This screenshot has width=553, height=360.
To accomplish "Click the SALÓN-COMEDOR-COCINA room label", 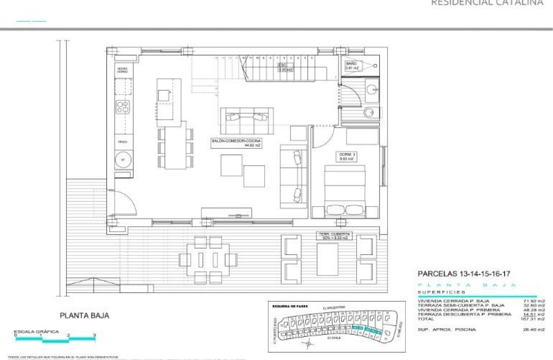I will (236, 143).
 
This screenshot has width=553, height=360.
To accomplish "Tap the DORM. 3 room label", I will (345, 156).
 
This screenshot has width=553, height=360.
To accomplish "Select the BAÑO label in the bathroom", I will (352, 65).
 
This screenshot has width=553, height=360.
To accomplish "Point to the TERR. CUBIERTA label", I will (334, 235).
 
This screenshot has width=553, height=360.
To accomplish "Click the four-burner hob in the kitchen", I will (123, 107).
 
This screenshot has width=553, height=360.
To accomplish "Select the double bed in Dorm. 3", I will (345, 191).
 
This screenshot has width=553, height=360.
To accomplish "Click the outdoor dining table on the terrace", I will (208, 260).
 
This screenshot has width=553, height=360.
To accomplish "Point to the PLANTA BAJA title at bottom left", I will (84, 316).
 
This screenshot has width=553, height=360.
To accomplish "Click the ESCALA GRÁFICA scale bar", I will (56, 339).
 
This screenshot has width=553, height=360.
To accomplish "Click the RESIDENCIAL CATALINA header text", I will (487, 3).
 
